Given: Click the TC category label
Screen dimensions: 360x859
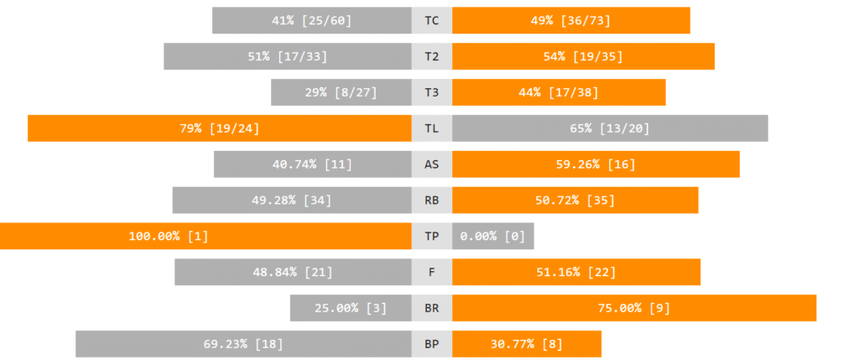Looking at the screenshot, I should pos(431,20).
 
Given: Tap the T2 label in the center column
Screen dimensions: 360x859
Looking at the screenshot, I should pos(431,56).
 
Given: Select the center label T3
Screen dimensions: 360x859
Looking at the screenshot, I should pos(431,92).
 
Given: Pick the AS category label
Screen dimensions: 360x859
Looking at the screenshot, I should pos(431,164).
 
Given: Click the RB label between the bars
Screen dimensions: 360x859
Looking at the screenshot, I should pos(431,201).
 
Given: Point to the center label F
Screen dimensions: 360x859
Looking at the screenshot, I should pos(431,272).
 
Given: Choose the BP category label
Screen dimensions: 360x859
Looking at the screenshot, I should pos(431,344).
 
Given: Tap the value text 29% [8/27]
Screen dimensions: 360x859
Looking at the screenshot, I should pos(341,92).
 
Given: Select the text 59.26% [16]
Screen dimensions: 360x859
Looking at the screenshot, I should pos(596,164).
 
